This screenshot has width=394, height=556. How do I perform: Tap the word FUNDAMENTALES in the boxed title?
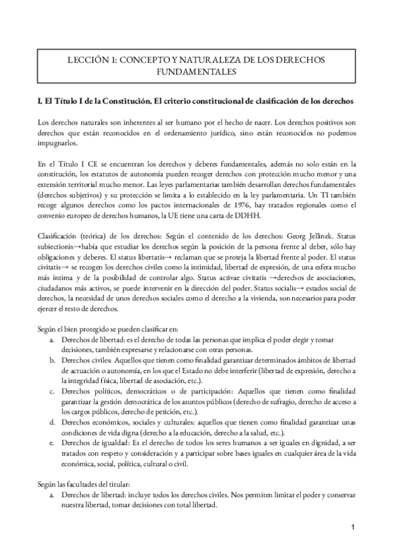(196, 70)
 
